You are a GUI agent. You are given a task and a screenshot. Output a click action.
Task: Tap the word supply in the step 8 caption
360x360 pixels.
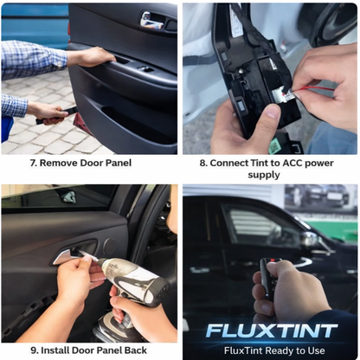point(264,175)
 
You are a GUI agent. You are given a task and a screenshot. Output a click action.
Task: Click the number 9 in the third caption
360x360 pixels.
point(33,350)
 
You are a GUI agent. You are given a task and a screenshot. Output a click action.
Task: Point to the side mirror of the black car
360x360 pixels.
point(308,237)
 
